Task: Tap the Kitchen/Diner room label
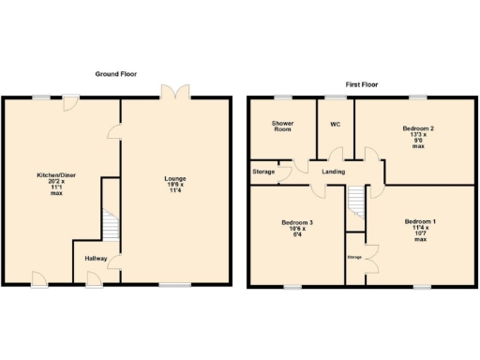(x=50, y=186)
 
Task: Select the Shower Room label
(x=282, y=127)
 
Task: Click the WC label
(x=335, y=124)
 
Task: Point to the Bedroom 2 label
(x=417, y=137)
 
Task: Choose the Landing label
(x=335, y=172)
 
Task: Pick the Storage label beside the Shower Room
(x=263, y=172)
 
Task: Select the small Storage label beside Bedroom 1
(x=354, y=256)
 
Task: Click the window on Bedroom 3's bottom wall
(x=292, y=286)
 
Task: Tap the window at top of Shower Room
(x=281, y=97)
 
